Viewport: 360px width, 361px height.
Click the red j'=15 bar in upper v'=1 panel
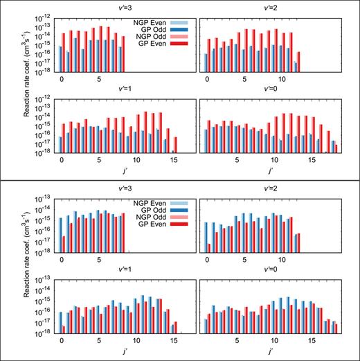(176, 145)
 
